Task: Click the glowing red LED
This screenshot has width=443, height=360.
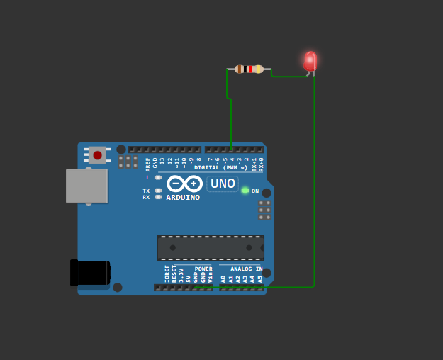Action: coord(310,62)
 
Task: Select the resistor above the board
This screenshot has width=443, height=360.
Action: coord(249,69)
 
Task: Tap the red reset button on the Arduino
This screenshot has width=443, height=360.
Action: coord(97,154)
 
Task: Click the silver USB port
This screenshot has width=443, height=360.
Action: coord(86,186)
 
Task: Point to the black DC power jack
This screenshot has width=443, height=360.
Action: coord(90,273)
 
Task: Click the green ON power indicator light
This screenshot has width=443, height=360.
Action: coord(245,190)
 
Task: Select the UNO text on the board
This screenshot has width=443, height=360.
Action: coord(223,184)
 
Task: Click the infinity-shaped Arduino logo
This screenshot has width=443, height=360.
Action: coord(184,184)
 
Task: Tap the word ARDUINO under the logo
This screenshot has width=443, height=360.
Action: coord(183,198)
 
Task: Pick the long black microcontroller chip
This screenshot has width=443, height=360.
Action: coord(211,247)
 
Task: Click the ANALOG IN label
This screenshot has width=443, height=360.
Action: coord(246,269)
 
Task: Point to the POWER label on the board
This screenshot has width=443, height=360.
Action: coord(203,269)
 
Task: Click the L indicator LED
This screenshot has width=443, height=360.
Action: coord(158,177)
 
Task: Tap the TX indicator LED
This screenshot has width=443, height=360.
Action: coord(158,190)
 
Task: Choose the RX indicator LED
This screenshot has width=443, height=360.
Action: coord(158,197)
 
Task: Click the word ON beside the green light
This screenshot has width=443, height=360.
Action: coord(255,191)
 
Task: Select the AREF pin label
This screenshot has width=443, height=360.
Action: coord(148,164)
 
